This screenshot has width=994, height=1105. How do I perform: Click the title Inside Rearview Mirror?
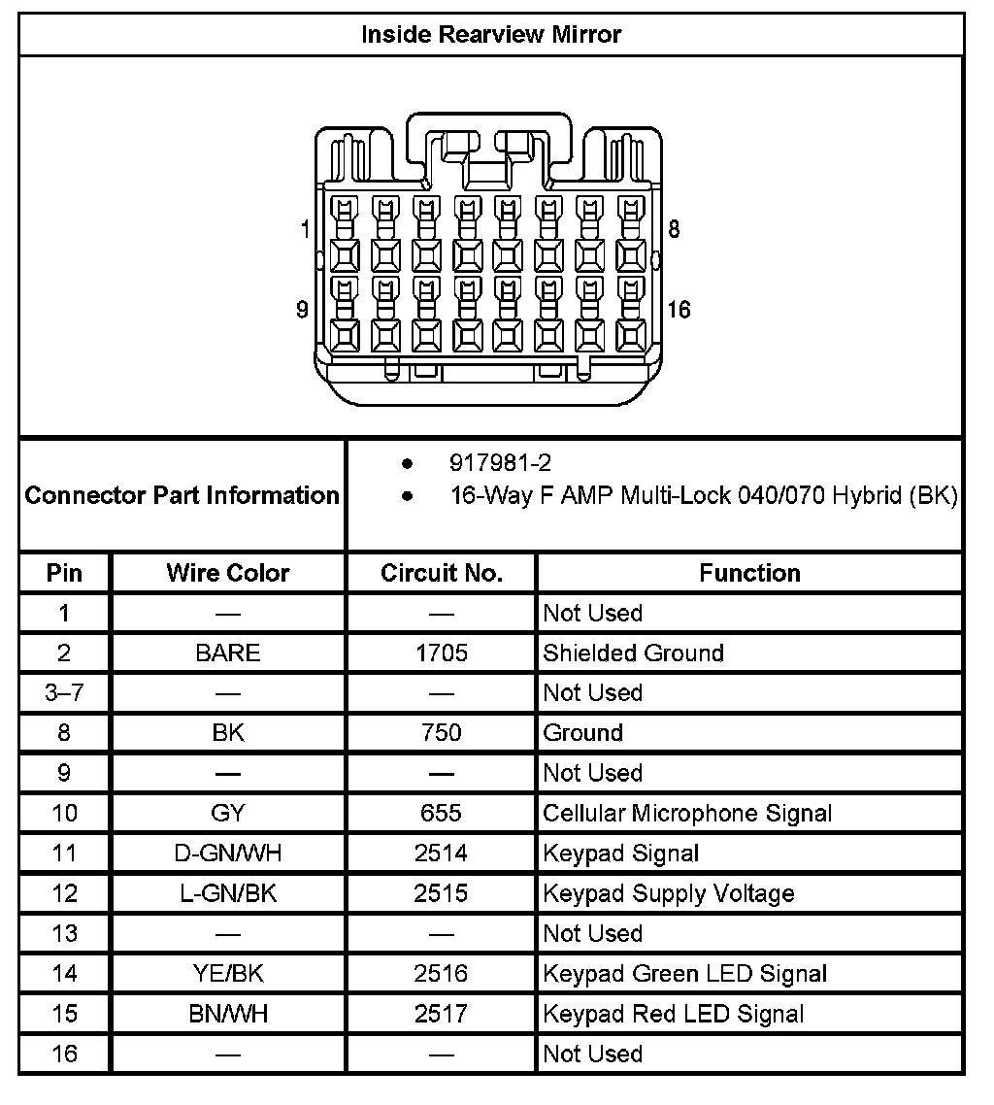click(491, 35)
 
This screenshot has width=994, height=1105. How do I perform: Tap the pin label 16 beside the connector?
click(679, 310)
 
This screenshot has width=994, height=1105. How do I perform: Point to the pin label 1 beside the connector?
click(306, 230)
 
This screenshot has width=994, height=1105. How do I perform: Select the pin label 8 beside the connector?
click(675, 230)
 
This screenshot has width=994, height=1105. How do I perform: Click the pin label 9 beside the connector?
click(302, 310)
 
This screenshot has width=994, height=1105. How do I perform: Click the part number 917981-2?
click(500, 463)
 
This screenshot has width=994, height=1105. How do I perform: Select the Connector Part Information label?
click(182, 495)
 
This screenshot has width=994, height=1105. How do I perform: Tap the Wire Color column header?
click(228, 573)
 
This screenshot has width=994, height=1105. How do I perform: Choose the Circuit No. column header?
click(442, 573)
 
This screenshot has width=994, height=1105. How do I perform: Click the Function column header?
click(749, 573)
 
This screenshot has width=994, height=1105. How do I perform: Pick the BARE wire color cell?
click(228, 653)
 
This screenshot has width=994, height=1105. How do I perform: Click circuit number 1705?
click(442, 653)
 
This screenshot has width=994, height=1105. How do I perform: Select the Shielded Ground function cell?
click(634, 653)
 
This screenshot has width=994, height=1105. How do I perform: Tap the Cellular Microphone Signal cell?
click(687, 813)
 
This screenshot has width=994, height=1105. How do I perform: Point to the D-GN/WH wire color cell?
click(228, 854)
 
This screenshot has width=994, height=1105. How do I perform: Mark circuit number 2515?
click(442, 893)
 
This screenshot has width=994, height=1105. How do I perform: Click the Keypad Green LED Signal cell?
click(685, 973)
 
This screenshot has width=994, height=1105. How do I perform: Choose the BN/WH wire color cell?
click(228, 1014)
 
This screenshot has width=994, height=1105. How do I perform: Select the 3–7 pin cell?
click(64, 693)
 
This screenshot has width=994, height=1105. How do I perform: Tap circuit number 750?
click(442, 733)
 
